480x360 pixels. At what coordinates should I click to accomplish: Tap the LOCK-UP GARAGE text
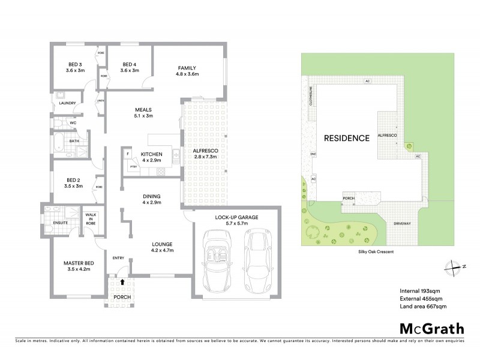[x=236, y=217]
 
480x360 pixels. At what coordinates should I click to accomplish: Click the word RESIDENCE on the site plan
[x=346, y=138]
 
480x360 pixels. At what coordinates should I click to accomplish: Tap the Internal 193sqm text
[x=418, y=290]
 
